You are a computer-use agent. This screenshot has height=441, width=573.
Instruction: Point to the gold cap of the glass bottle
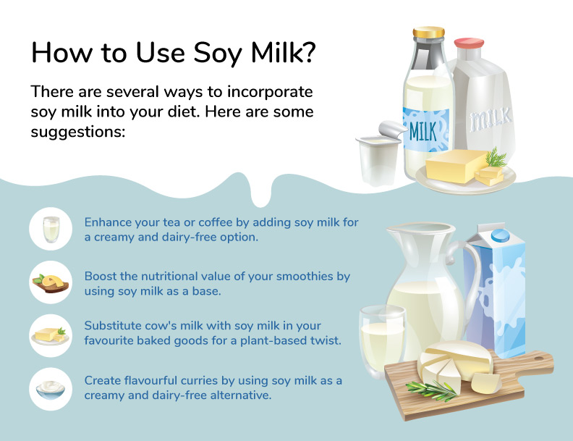[428, 33]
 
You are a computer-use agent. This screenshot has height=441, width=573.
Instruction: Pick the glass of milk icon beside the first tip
[51, 229]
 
